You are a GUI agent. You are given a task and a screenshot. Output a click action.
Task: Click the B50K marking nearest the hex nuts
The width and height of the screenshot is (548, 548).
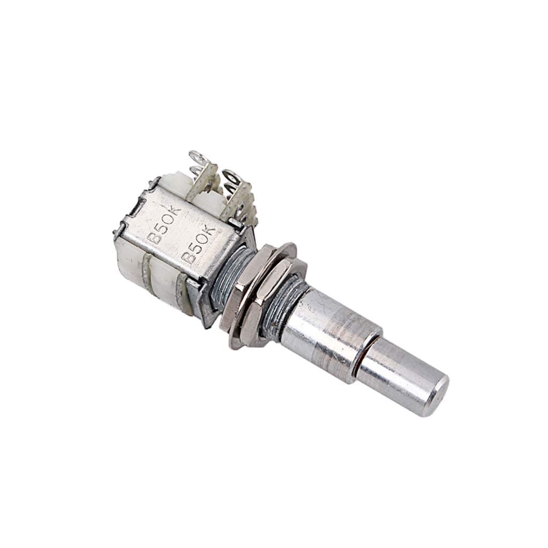[199, 244]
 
